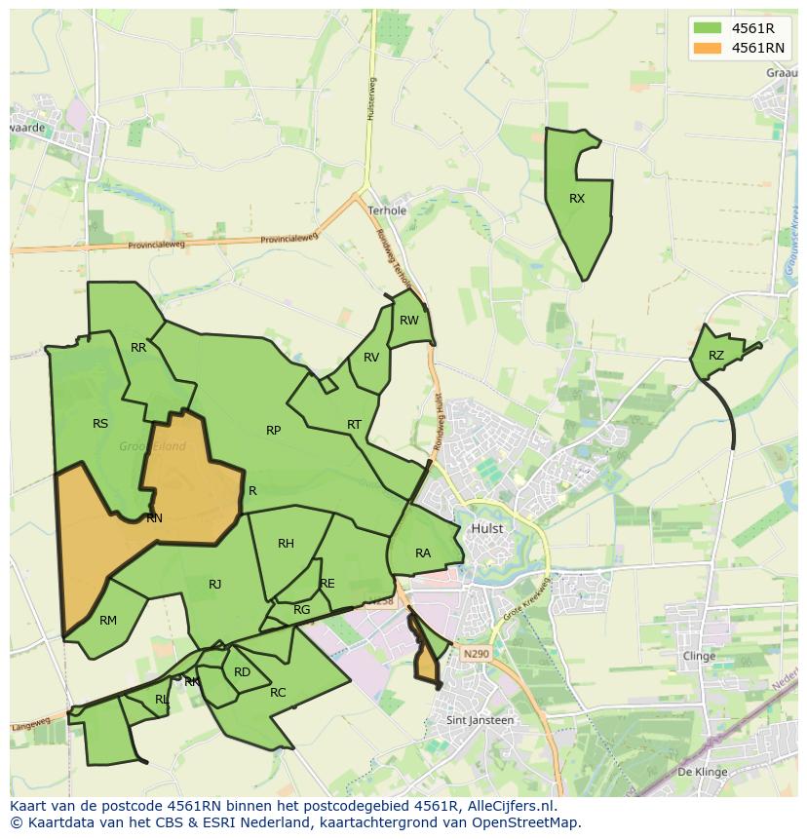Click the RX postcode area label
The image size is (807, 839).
pyautogui.click(x=577, y=199)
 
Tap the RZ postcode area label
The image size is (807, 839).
pyautogui.click(x=716, y=356)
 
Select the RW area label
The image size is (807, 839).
pyautogui.click(x=409, y=321)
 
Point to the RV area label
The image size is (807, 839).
pyautogui.click(x=371, y=358)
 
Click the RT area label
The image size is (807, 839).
pyautogui.click(x=354, y=425)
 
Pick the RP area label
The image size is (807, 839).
pyautogui.click(x=274, y=431)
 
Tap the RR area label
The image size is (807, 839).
pyautogui.click(x=138, y=348)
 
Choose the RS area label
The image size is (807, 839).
pyautogui.click(x=100, y=424)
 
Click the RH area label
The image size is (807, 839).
pyautogui.click(x=286, y=544)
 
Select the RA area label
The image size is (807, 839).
pyautogui.click(x=423, y=553)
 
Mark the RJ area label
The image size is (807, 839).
pyautogui.click(x=215, y=585)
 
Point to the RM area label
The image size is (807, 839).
pyautogui.click(x=108, y=621)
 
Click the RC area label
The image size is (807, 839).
pyautogui.click(x=278, y=693)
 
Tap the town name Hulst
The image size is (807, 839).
pyautogui.click(x=487, y=528)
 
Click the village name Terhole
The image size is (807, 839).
pyautogui.click(x=387, y=210)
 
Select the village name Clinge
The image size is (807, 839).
pyautogui.click(x=699, y=656)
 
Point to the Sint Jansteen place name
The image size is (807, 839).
pyautogui.click(x=480, y=720)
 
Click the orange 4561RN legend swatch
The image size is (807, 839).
pyautogui.click(x=708, y=48)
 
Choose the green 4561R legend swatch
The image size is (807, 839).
pyautogui.click(x=708, y=28)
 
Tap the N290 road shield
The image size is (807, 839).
pyautogui.click(x=476, y=654)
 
